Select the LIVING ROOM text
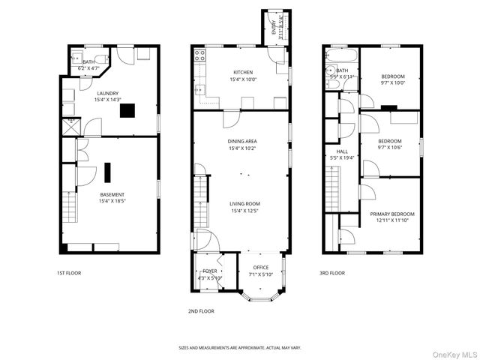click(241, 203)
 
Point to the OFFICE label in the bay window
click(260, 268)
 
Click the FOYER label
click(209, 271)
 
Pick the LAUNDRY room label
click(106, 93)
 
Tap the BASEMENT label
click(112, 195)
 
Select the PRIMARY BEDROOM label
click(391, 214)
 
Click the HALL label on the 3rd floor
click(342, 151)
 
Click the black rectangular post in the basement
click(107, 172)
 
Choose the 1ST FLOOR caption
click(69, 274)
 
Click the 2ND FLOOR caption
click(201, 310)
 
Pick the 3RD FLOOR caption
click(331, 274)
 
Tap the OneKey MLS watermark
click(450, 353)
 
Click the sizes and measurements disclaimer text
click(239, 347)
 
